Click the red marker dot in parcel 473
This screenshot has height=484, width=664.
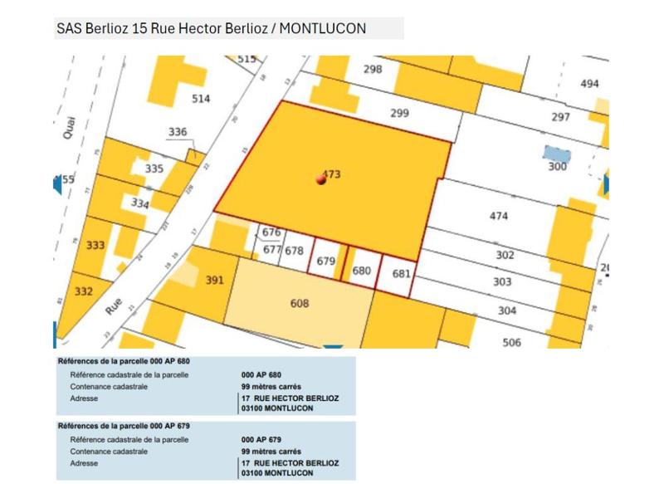point(321,179)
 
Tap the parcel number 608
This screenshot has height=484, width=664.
point(300,304)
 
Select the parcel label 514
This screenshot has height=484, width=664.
point(202,99)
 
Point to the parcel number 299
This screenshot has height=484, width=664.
point(400,114)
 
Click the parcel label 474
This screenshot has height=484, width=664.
point(498,216)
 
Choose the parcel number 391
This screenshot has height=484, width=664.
point(215,281)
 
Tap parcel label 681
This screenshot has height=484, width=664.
point(401,273)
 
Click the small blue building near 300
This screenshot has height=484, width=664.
point(557,154)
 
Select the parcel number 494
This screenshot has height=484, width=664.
point(589,84)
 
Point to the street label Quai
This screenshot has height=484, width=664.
point(68,130)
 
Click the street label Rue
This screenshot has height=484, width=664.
point(114,306)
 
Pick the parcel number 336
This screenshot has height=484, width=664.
point(178,132)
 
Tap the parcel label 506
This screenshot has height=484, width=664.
point(511,342)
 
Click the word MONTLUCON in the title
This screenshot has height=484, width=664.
point(323,28)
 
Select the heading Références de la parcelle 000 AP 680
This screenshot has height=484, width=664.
point(124,362)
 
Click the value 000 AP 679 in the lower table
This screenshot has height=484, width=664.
point(261,440)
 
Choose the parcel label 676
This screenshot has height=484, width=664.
point(271,233)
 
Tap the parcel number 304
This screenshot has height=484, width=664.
point(507,310)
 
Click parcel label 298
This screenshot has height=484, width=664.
point(373,69)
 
